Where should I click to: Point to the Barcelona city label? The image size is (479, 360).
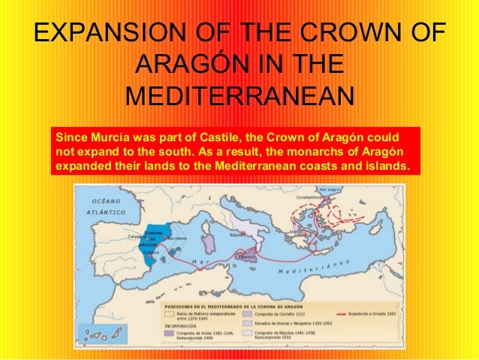[179, 237]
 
